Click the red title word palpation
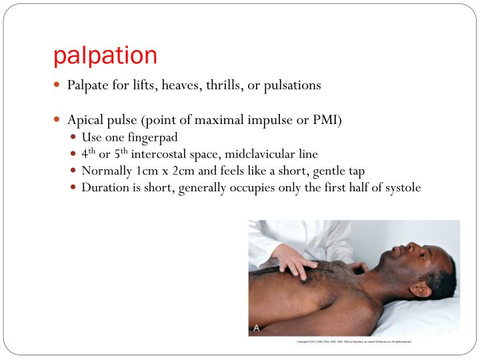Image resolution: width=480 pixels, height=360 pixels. coord(105,56)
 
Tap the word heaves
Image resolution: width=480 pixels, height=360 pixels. coord(189,86)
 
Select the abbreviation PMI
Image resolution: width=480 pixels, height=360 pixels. coord(326,121)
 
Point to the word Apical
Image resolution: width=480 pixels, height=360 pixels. coord(85,121)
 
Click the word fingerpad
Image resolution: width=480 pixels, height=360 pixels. coord(150,137)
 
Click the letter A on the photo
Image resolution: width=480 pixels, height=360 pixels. coord(256,328)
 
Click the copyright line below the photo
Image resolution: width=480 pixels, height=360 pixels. coord(353,341)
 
